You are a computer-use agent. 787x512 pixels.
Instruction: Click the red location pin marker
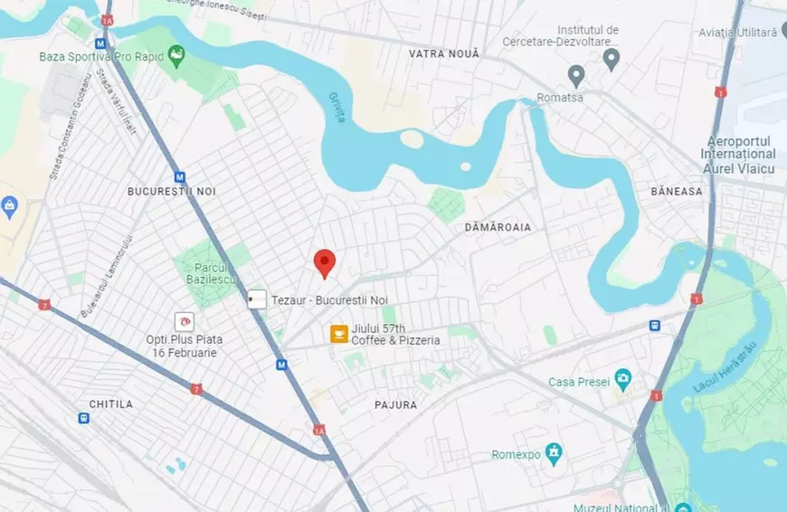[325, 262]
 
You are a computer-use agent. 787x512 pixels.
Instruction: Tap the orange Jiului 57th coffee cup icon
[339, 334]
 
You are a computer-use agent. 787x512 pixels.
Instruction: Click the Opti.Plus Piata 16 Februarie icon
[185, 321]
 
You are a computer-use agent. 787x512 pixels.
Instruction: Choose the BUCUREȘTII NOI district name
[172, 192]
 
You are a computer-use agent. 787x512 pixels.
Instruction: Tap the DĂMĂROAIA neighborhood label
[498, 227]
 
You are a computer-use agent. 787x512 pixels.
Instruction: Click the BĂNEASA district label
[676, 192]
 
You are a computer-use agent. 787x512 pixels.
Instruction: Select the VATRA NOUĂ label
[444, 54]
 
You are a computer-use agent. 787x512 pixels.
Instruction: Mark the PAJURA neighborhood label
[395, 405]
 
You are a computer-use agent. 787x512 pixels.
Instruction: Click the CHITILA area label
[110, 403]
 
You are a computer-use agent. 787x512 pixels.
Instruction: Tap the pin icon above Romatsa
[575, 74]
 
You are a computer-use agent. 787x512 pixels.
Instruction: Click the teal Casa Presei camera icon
[622, 376]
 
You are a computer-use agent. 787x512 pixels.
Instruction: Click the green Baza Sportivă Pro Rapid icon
[176, 53]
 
